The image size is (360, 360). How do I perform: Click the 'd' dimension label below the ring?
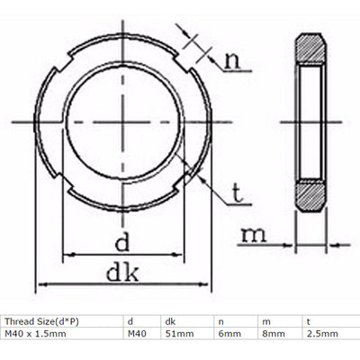pyautogui.click(x=123, y=240)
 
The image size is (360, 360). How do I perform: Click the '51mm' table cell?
pyautogui.click(x=179, y=334)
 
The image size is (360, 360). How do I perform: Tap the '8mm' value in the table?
pyautogui.click(x=269, y=334)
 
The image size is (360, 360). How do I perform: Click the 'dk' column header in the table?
pyautogui.click(x=170, y=320)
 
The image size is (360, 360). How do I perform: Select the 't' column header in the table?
pyautogui.click(x=309, y=320)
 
